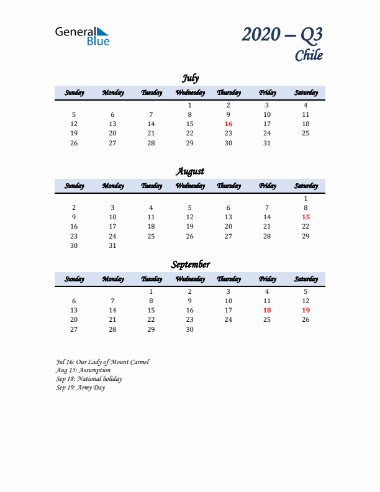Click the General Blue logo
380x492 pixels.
pyautogui.click(x=82, y=35)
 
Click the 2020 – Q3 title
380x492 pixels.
pyautogui.click(x=282, y=35)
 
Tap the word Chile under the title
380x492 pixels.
pyautogui.click(x=309, y=55)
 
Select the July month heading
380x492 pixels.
pyautogui.click(x=190, y=78)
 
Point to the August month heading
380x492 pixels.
pyautogui.click(x=190, y=171)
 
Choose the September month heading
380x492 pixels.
pyautogui.click(x=190, y=265)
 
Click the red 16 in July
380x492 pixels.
pyautogui.click(x=228, y=124)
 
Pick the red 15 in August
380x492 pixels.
pyautogui.click(x=305, y=217)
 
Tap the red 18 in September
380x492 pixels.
pyautogui.click(x=267, y=310)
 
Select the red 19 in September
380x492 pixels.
pyautogui.click(x=305, y=310)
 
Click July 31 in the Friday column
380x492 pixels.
pyautogui.click(x=267, y=143)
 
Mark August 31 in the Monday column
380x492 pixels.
pyautogui.click(x=112, y=245)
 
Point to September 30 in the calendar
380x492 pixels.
pyautogui.click(x=190, y=329)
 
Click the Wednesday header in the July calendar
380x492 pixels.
pyautogui.click(x=190, y=93)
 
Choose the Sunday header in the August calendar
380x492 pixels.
pyautogui.click(x=74, y=186)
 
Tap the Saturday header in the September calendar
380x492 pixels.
pyautogui.click(x=305, y=279)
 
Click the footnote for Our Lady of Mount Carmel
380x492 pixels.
pyautogui.click(x=102, y=362)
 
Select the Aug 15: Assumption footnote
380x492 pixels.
pyautogui.click(x=83, y=370)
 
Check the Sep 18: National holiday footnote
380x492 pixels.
pyautogui.click(x=89, y=378)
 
